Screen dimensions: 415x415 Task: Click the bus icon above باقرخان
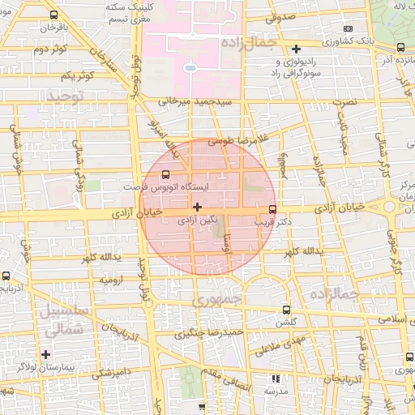pos(54,15)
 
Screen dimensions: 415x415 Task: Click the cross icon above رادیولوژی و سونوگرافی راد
pos(297,49)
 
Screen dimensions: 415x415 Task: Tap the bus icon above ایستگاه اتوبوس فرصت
pos(166,173)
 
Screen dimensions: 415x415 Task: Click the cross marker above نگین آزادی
pos(198,207)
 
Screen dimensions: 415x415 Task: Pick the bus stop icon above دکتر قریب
pos(272,207)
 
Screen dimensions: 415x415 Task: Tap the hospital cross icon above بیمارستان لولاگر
pos(46,354)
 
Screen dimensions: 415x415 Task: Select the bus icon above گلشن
pos(285,310)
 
